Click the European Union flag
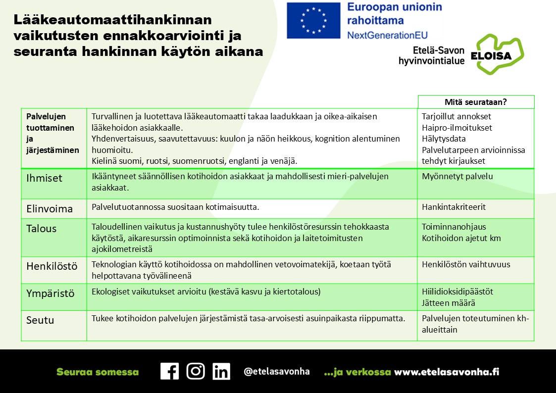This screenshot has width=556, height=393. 313,21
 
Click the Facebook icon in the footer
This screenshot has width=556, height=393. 169,371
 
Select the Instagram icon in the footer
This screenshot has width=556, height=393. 196,371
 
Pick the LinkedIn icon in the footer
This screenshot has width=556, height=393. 221,371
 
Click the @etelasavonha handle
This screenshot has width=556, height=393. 276,372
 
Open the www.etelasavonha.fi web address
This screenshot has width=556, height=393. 446,372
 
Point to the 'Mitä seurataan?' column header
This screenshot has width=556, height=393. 476,102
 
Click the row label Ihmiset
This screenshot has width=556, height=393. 45,178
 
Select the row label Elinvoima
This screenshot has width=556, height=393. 50,209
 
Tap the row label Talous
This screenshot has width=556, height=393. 42,229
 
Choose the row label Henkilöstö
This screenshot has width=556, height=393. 52,266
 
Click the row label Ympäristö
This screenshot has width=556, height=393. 51,294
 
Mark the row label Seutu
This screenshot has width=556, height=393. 40,320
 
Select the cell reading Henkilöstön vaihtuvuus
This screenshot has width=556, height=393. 466,264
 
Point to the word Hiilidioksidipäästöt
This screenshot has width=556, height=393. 457,292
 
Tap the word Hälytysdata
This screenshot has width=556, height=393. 444,139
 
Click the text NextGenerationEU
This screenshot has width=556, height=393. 387,35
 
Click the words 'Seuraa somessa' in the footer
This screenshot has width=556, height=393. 98,372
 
